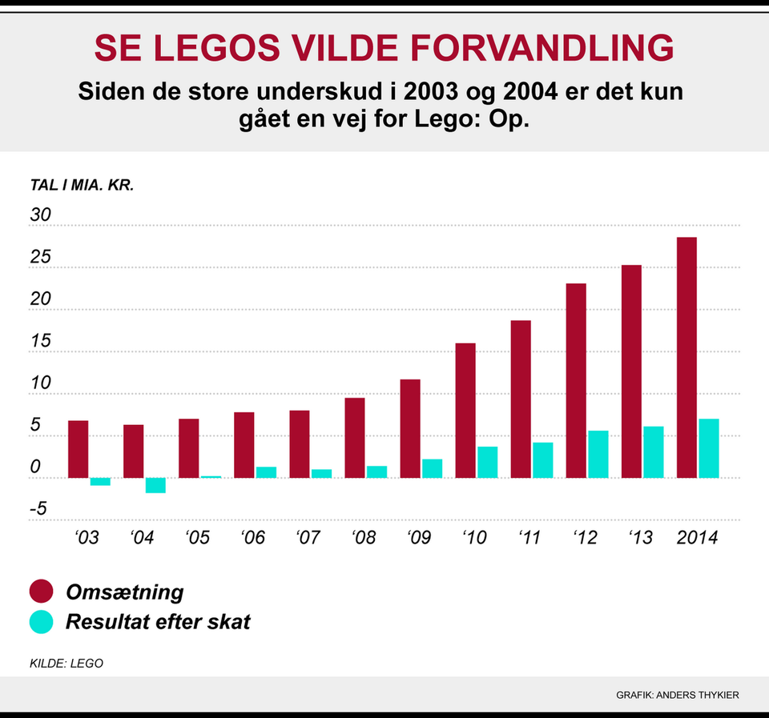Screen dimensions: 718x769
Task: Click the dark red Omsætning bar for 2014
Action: click(x=686, y=357)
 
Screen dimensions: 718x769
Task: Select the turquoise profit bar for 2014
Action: click(x=708, y=448)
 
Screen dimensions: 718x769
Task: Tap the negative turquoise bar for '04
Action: click(x=155, y=485)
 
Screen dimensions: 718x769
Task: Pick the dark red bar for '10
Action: click(x=465, y=410)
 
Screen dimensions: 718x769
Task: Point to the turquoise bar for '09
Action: click(x=432, y=468)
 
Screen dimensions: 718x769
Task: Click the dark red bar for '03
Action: click(x=78, y=449)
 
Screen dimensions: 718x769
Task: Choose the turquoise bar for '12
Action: click(x=598, y=454)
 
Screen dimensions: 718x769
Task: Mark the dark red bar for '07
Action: click(x=300, y=443)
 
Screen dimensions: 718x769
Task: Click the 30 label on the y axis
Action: click(x=41, y=215)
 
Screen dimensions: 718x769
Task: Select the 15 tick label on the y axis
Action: click(x=41, y=341)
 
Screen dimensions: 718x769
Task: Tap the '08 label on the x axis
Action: click(x=364, y=538)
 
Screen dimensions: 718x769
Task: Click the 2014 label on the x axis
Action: click(x=697, y=538)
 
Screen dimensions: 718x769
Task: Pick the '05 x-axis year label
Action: click(x=197, y=538)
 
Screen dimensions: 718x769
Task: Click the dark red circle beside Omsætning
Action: click(x=41, y=592)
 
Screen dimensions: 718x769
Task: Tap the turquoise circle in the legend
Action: click(x=41, y=622)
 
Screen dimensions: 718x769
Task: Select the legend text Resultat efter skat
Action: click(x=158, y=622)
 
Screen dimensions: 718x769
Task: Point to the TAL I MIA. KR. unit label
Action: click(x=82, y=185)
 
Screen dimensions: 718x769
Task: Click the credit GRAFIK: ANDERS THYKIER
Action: click(x=677, y=695)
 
